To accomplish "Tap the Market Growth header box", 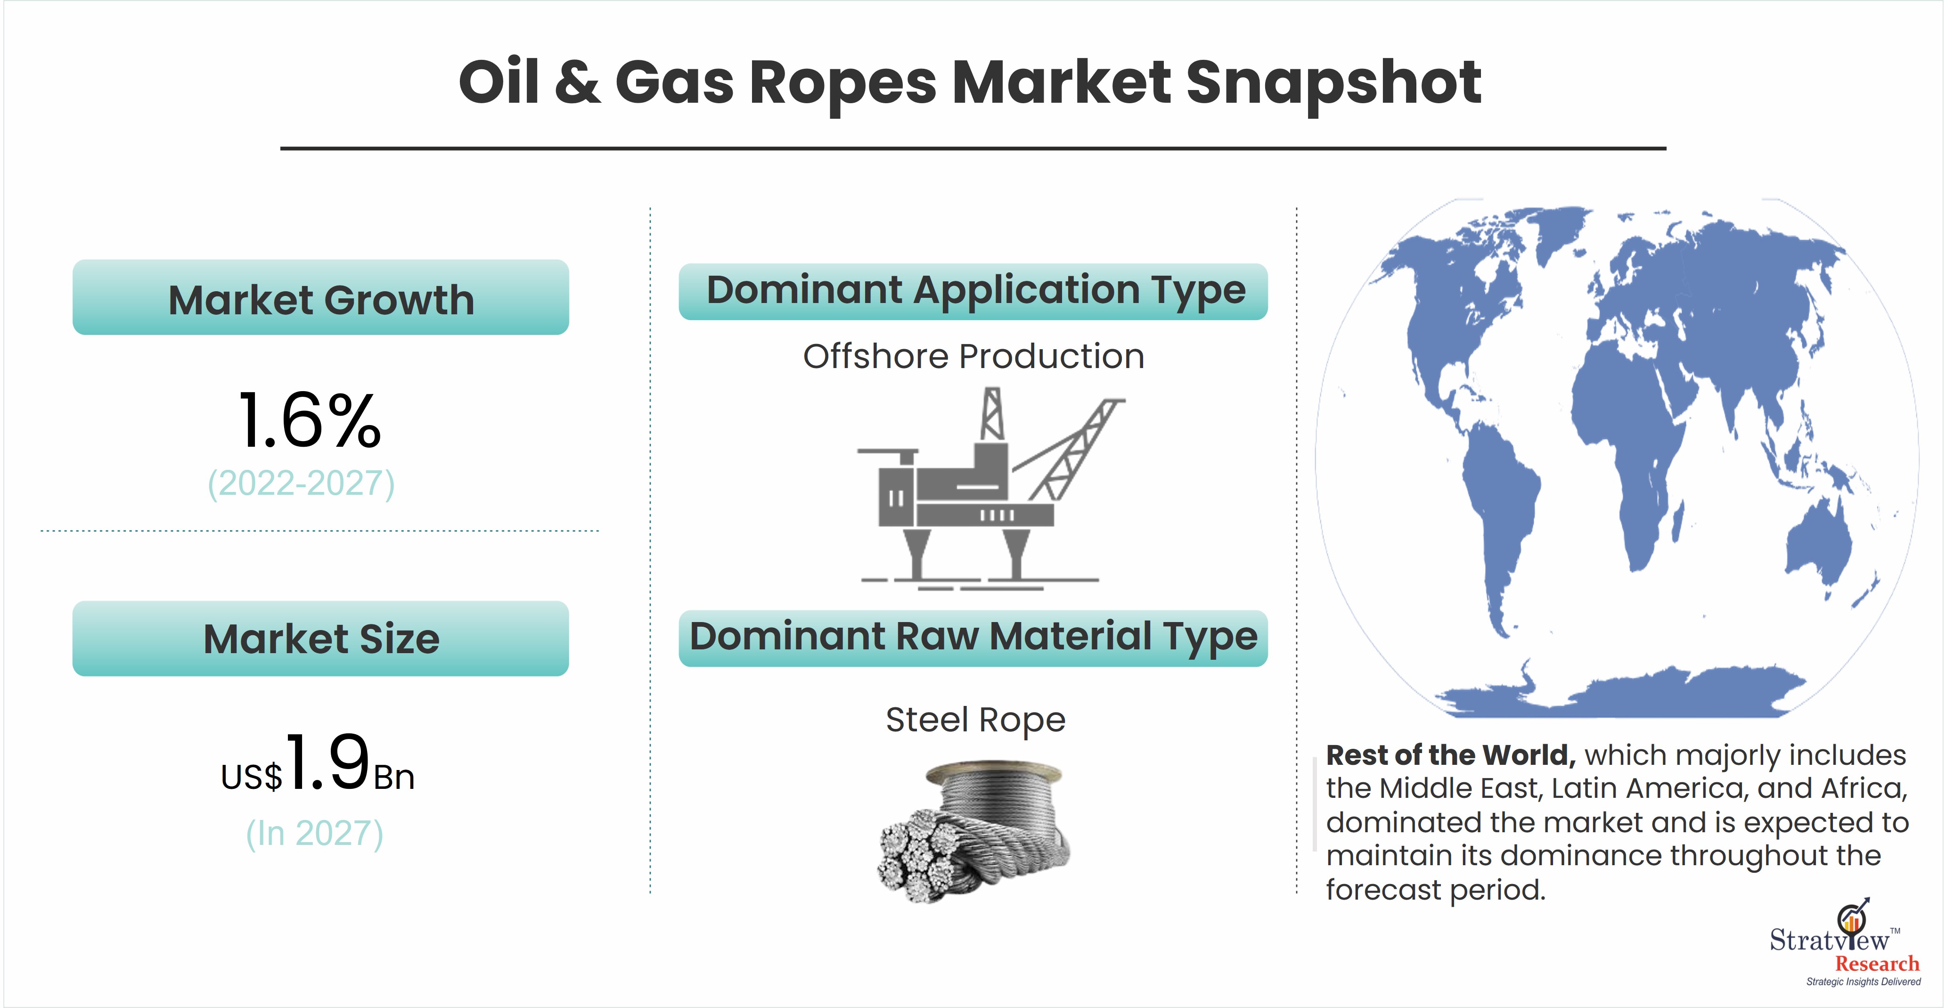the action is [321, 297].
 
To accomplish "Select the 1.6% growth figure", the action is [310, 420].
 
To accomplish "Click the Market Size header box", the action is [321, 639].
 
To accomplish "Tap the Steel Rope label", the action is [975, 720].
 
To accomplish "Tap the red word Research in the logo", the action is [1877, 964].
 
